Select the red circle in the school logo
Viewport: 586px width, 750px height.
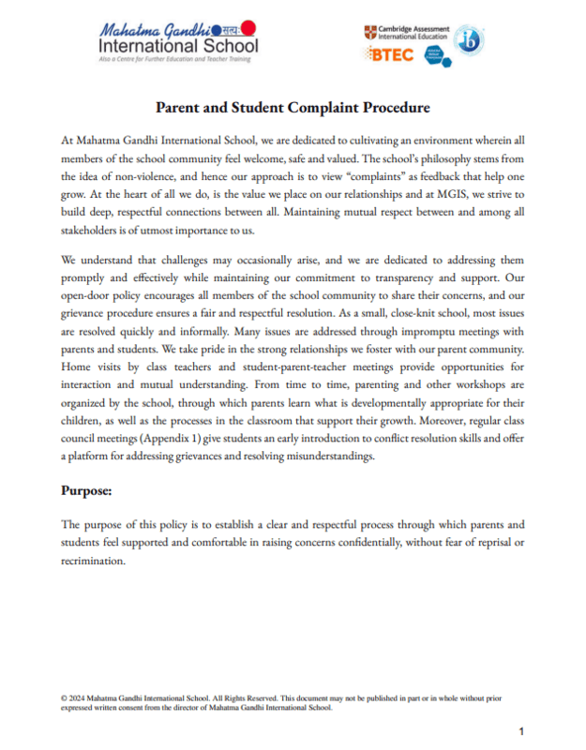[248, 29]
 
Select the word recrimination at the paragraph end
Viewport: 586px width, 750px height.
[92, 561]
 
